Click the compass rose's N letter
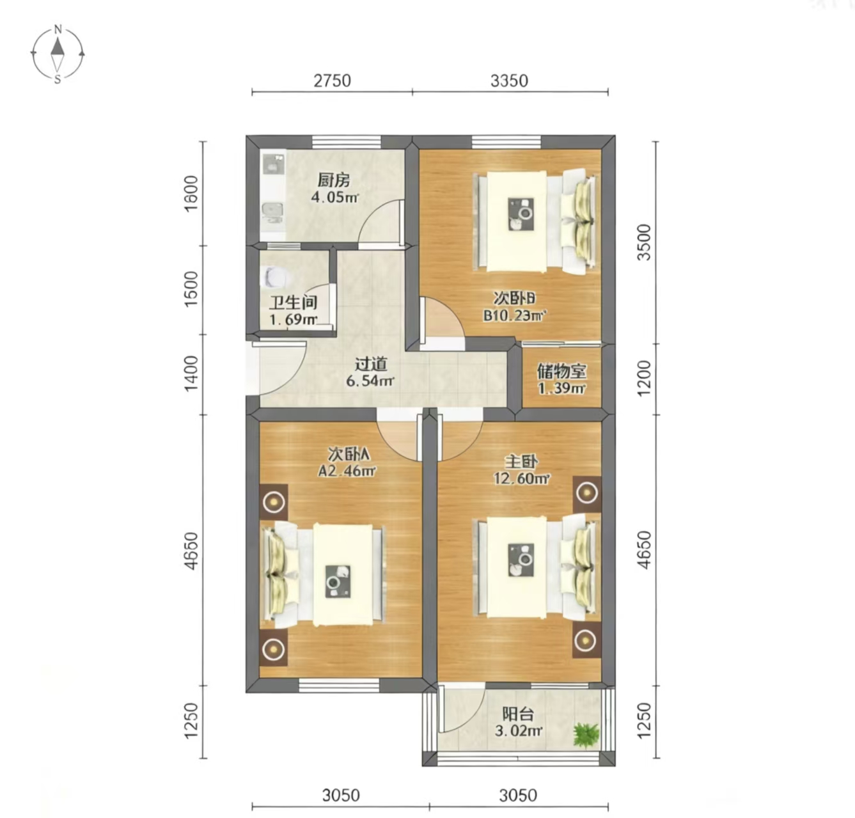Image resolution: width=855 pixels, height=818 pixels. point(58,30)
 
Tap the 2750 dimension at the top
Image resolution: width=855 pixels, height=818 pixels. point(332,81)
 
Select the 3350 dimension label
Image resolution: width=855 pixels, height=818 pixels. point(509,81)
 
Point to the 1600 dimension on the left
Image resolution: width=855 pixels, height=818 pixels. point(192,194)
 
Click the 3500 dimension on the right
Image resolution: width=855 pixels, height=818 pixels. point(644,242)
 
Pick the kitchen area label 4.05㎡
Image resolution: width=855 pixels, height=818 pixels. point(335,198)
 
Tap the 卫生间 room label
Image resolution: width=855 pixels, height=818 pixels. point(293,303)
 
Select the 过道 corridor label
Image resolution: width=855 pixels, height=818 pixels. point(371,364)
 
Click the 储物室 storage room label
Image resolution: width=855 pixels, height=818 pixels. point(561,372)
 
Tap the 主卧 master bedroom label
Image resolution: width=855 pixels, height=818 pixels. point(521,462)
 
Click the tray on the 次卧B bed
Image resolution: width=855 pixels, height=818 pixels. point(521,214)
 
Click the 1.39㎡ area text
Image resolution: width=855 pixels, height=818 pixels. point(562,388)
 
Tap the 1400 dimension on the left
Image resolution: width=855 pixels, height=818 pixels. point(192,374)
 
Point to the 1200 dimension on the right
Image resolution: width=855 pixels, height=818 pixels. point(644,379)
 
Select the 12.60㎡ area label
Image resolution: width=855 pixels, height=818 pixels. point(522,478)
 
